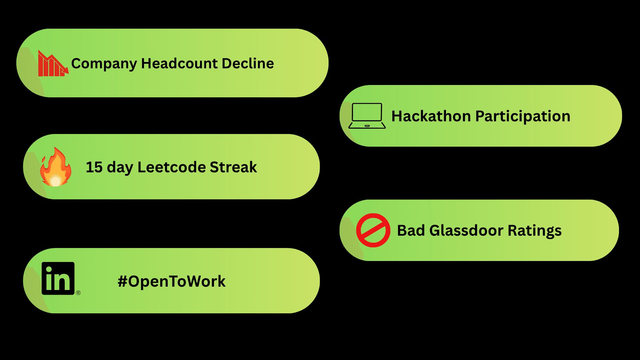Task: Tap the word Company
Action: click(x=104, y=64)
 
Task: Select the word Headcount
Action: click(x=179, y=63)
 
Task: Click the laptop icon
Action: click(x=367, y=116)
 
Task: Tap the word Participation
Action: click(x=523, y=116)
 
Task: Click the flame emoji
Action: click(x=56, y=167)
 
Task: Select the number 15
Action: click(x=94, y=167)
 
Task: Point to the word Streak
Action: click(x=233, y=167)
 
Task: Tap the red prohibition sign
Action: click(x=373, y=230)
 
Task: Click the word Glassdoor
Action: click(x=466, y=230)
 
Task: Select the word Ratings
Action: click(x=535, y=231)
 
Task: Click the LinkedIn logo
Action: click(x=58, y=278)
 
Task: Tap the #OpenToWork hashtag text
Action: click(x=172, y=281)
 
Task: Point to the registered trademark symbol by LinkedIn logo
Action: click(x=78, y=293)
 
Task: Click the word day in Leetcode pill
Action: click(x=120, y=167)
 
